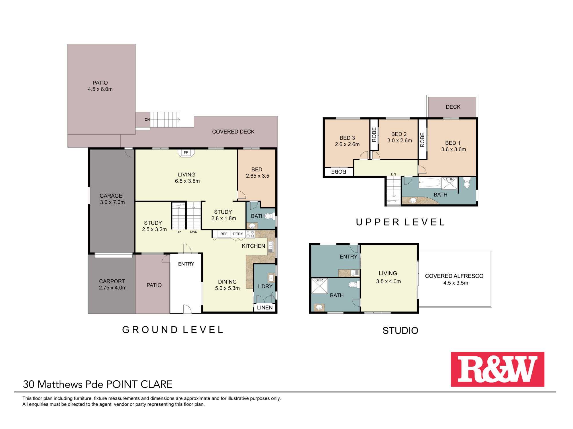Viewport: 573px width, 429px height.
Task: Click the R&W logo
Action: [x=497, y=369]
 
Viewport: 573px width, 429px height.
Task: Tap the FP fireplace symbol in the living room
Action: [x=186, y=153]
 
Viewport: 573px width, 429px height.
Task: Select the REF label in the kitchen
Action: [x=224, y=234]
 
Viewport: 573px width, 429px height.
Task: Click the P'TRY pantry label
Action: [x=238, y=234]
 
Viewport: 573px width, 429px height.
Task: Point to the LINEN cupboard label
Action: [x=265, y=308]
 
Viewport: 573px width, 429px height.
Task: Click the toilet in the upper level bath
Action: [x=467, y=182]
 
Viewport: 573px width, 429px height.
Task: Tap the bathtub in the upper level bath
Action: [x=430, y=182]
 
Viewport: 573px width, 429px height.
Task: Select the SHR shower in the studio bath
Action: [x=319, y=286]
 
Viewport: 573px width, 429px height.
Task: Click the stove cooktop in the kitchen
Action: [x=250, y=234]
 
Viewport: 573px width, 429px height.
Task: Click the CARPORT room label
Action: [x=112, y=281]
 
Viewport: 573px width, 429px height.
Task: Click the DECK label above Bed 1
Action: [x=453, y=107]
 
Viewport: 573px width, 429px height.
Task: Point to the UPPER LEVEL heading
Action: [x=400, y=222]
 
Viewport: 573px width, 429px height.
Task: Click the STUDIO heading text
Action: [x=400, y=331]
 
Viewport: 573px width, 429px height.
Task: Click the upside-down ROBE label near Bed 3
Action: [x=339, y=172]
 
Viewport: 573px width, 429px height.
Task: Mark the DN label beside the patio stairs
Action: [x=147, y=120]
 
